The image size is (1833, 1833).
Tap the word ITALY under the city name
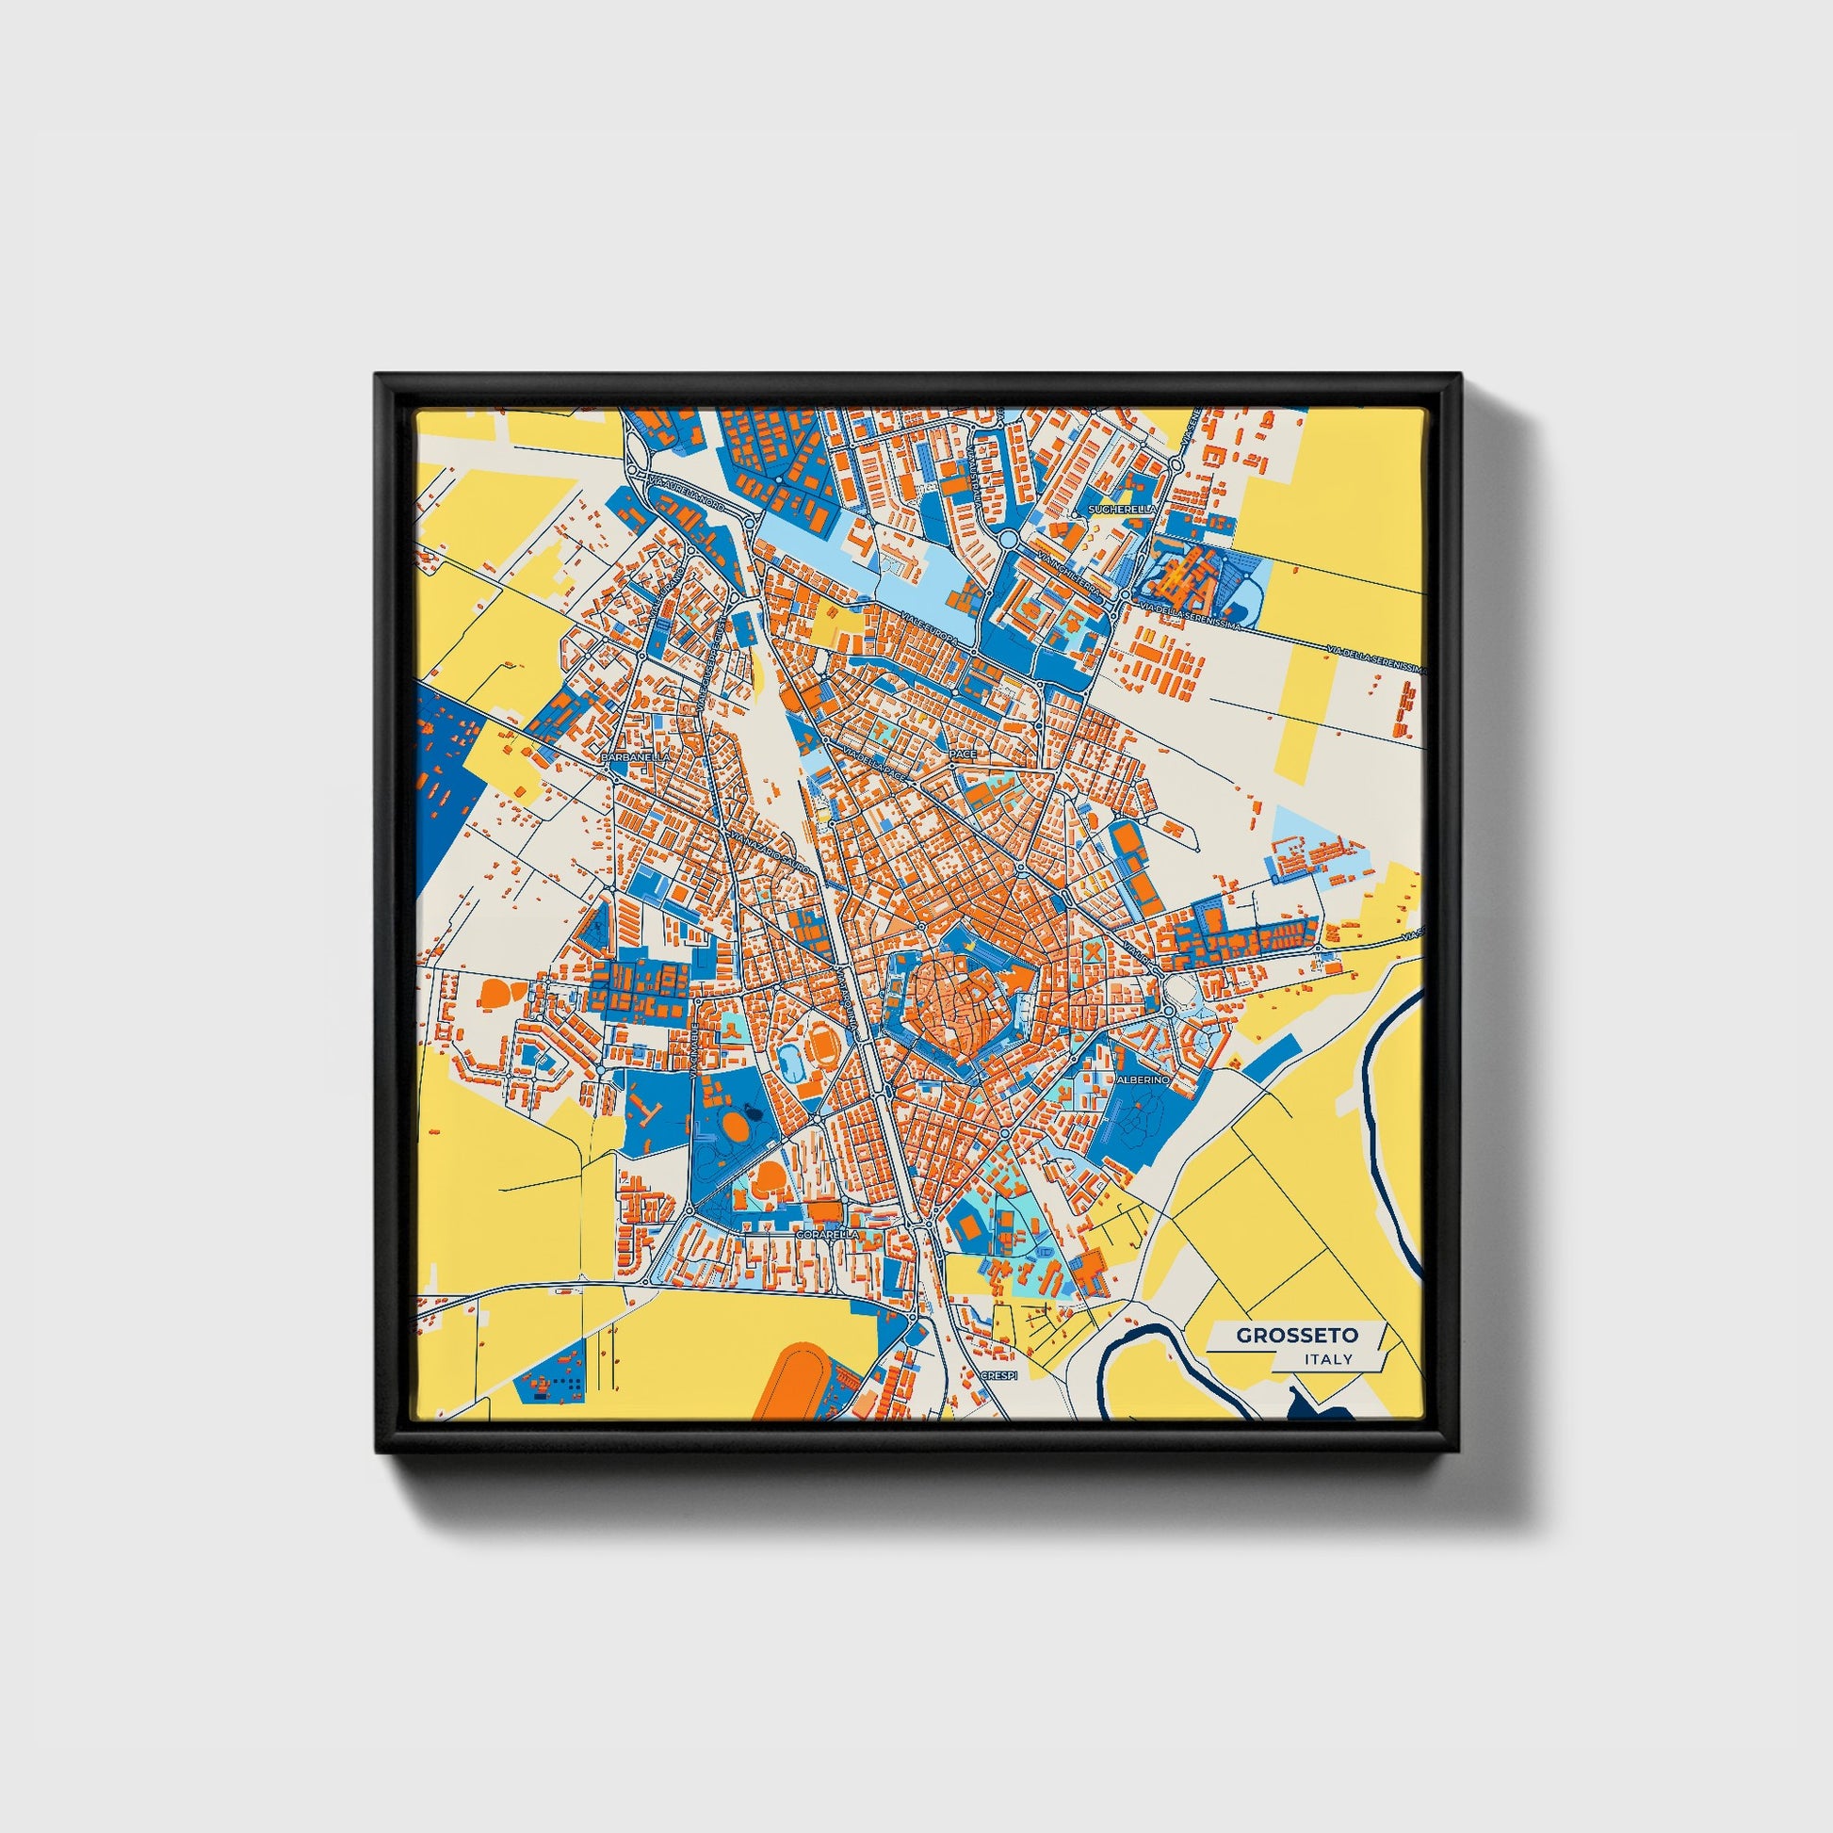point(1328,1359)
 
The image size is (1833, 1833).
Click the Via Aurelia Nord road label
point(686,494)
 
